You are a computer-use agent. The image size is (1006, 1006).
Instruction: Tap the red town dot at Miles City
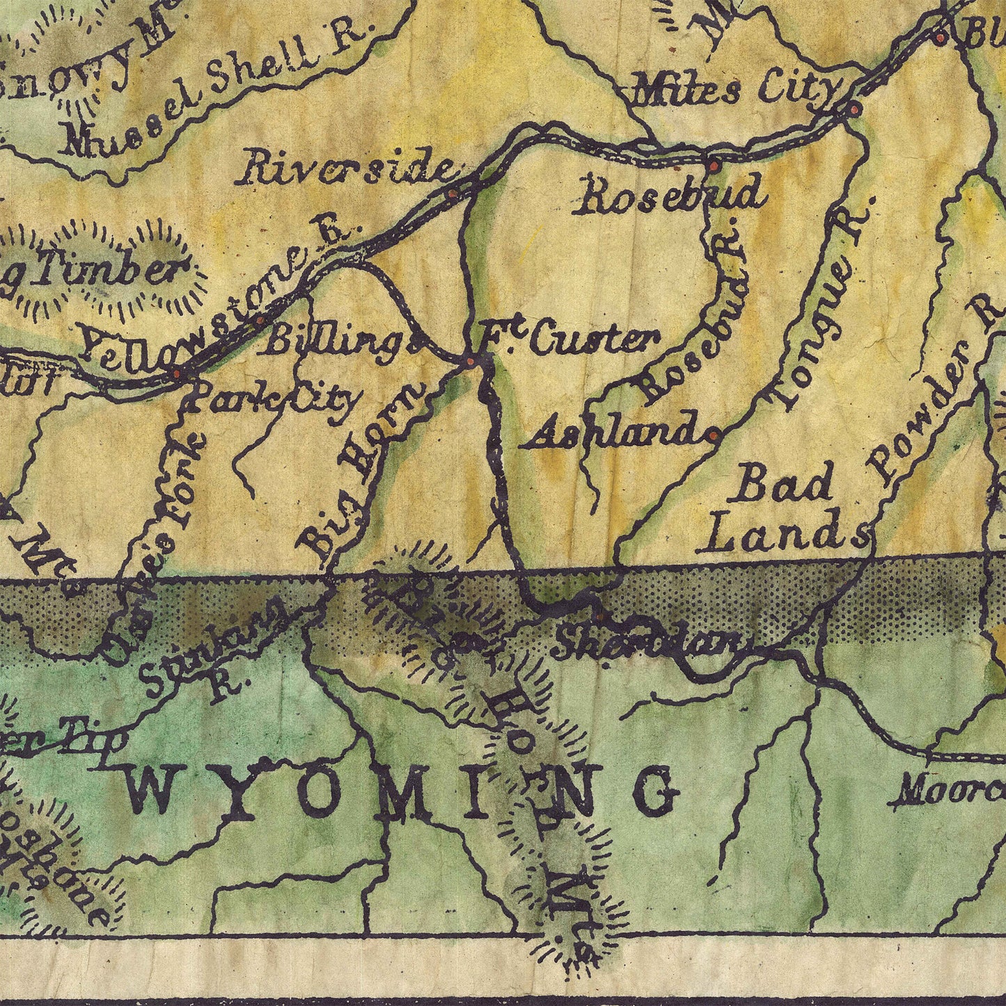click(x=854, y=109)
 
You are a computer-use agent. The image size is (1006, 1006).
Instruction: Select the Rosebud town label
click(x=669, y=195)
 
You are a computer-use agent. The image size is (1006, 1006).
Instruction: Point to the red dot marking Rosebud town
click(x=713, y=166)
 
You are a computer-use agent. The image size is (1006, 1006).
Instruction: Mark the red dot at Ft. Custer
click(x=471, y=362)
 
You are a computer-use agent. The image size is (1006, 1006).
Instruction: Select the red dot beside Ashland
click(x=713, y=436)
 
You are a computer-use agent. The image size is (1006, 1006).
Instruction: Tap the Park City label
click(x=275, y=400)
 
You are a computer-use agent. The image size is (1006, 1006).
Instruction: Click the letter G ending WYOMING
click(x=654, y=790)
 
